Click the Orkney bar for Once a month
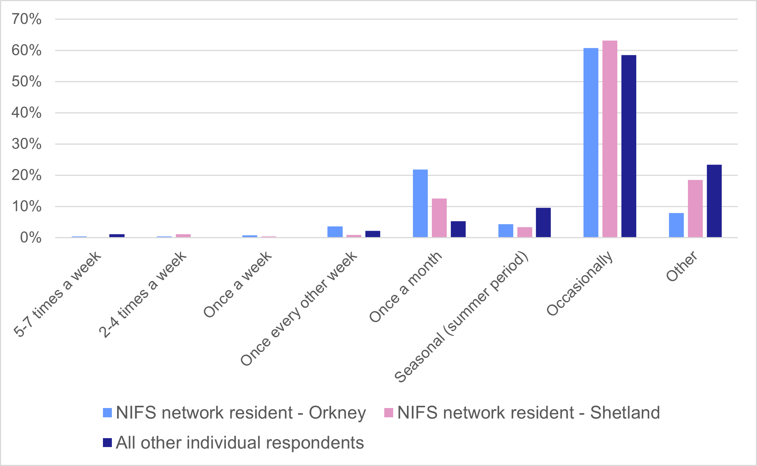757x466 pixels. (420, 203)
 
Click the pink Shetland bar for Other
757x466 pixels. (695, 208)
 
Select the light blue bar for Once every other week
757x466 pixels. (335, 232)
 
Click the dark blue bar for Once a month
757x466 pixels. (458, 229)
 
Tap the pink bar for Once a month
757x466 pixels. (439, 218)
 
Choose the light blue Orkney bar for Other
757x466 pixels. (676, 225)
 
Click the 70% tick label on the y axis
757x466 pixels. (26, 19)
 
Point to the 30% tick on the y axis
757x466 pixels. (26, 144)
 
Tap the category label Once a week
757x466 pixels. (238, 285)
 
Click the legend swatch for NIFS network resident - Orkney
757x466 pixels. (107, 412)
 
